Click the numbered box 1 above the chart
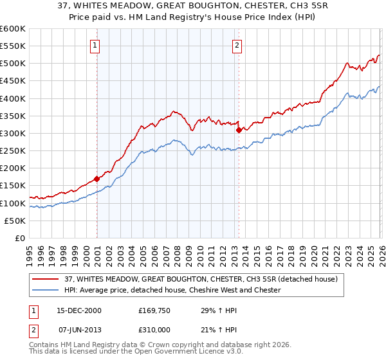[95, 45]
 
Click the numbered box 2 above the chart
[237, 45]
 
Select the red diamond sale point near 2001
[97, 179]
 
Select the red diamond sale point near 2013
[239, 130]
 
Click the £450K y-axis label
[13, 81]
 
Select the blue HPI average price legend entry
[172, 290]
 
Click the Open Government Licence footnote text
[129, 354]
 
